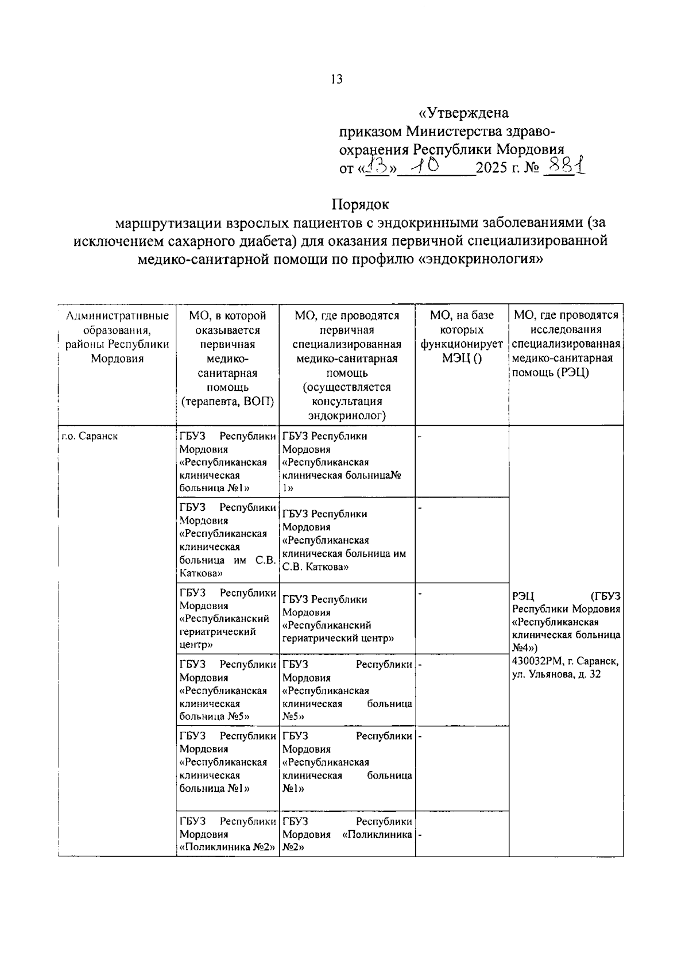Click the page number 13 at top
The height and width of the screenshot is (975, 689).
pyautogui.click(x=336, y=80)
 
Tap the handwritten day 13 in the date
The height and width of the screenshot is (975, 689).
pyautogui.click(x=376, y=167)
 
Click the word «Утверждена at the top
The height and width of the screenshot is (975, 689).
pyautogui.click(x=463, y=113)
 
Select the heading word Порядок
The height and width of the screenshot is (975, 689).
pyautogui.click(x=360, y=204)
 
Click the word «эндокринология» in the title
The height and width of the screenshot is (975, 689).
pyautogui.click(x=482, y=259)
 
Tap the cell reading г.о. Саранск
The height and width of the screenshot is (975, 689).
pyautogui.click(x=90, y=436)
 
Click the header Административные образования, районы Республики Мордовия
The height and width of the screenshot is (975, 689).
pyautogui.click(x=117, y=337)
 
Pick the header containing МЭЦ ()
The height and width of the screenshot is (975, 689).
pyautogui.click(x=462, y=359)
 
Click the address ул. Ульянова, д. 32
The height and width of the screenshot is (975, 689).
pyautogui.click(x=556, y=675)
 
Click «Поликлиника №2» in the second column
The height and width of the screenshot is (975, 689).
pyautogui.click(x=225, y=847)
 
